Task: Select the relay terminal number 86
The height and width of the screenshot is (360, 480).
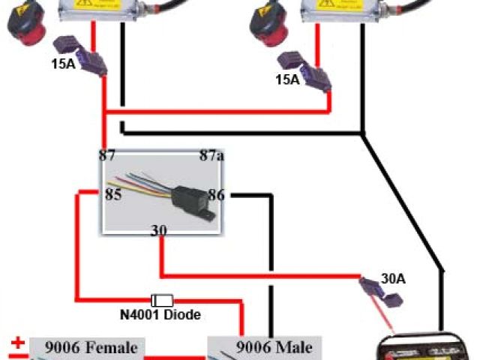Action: point(216,195)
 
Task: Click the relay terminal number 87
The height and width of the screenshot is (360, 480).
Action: point(108,156)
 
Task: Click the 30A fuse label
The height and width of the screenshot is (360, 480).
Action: point(392,279)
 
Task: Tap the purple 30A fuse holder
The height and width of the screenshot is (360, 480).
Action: point(379,294)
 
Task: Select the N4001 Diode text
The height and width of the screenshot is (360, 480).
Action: point(160,315)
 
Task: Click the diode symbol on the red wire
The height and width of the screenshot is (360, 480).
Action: point(163,299)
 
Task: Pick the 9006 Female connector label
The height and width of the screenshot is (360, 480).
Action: point(91,347)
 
